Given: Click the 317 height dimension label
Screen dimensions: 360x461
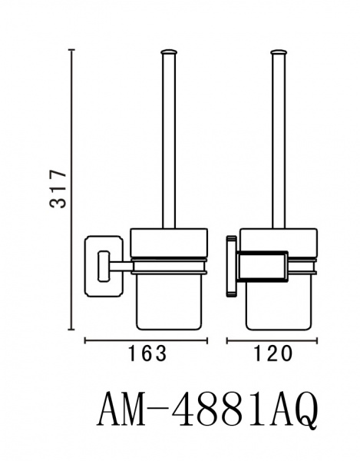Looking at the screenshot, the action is [x=58, y=188].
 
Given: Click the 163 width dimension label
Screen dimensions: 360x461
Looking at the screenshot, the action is [x=147, y=353].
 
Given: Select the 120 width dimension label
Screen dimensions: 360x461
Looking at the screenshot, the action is [x=272, y=353].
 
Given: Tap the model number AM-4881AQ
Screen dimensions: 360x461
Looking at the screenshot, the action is [x=207, y=410].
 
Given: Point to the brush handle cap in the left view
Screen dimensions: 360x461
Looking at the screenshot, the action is [x=169, y=52].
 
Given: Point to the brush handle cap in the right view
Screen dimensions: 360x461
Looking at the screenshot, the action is [x=279, y=52].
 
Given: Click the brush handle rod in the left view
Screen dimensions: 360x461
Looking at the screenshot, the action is [x=169, y=141].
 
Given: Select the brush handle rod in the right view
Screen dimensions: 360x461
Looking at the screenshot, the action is [x=279, y=141].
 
